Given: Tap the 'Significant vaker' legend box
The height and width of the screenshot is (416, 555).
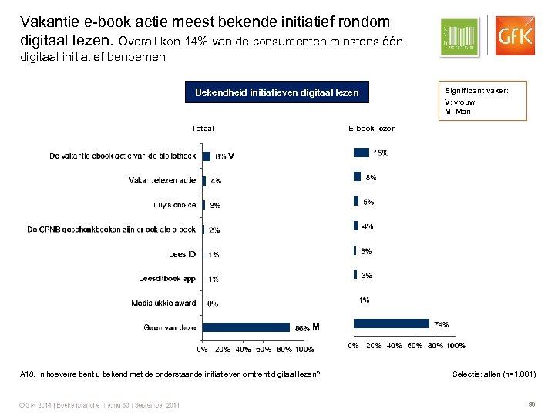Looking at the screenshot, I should [x=483, y=101].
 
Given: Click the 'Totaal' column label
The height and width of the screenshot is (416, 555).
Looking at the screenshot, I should [x=202, y=128].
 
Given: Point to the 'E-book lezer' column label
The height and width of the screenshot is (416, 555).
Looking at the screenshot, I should [x=371, y=128].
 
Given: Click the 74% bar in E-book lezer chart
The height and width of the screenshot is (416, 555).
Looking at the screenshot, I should [x=391, y=324].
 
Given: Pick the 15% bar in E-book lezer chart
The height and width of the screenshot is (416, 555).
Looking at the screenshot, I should [x=361, y=152].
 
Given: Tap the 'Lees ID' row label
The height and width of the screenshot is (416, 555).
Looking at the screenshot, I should [x=183, y=253].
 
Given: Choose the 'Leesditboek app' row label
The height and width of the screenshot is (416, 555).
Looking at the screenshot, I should [x=167, y=278].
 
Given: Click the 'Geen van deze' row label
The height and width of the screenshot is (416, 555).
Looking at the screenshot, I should [x=170, y=327].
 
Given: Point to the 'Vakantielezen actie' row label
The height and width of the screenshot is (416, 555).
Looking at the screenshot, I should [x=162, y=180].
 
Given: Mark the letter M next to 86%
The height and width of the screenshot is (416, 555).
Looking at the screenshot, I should [x=316, y=327].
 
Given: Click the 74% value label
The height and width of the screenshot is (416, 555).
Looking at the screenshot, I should [x=442, y=324].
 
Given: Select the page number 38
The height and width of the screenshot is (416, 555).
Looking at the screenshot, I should [x=531, y=404].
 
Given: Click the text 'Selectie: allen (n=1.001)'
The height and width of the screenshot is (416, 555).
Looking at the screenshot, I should [x=494, y=374].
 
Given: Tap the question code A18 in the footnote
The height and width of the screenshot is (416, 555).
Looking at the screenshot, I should [x=26, y=374].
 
